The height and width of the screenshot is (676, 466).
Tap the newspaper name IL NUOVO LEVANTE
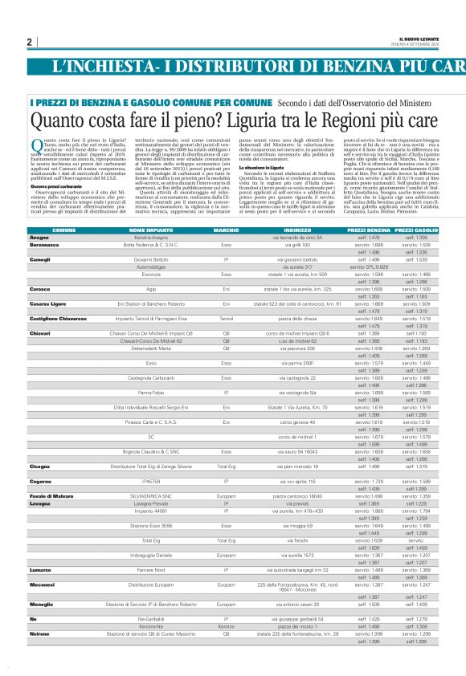click(421, 39)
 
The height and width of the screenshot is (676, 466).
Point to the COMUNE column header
click(64, 207)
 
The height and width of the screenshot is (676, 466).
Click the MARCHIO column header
click(227, 207)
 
